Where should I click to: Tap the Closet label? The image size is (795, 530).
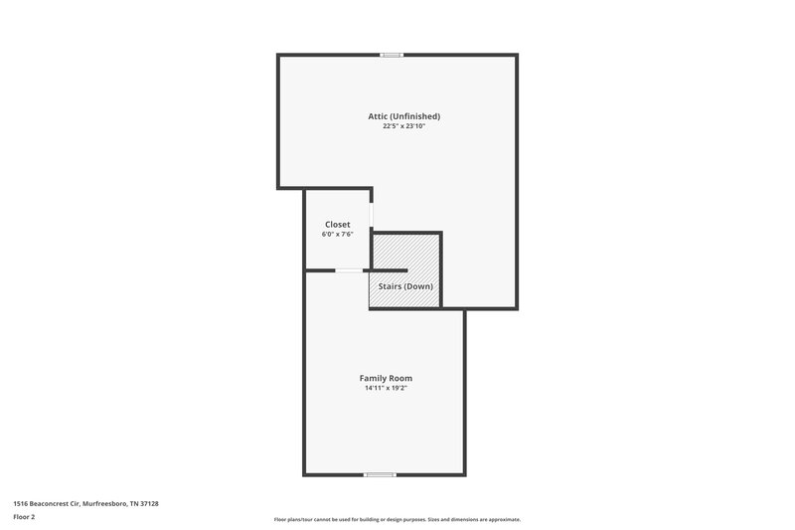click(337, 225)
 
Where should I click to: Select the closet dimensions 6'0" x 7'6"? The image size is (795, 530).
click(337, 235)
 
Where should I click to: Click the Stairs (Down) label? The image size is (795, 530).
click(405, 286)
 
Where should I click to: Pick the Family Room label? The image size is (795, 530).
click(386, 378)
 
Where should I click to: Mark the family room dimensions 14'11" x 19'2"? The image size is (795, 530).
click(386, 388)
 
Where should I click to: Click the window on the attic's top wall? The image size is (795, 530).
click(393, 55)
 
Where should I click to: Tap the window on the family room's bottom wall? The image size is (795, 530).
click(381, 474)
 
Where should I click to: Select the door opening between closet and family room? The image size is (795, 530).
click(349, 270)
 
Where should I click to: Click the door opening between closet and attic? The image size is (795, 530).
click(372, 215)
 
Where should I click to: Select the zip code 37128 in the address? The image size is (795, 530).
click(148, 504)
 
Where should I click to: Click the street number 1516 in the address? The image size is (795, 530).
click(20, 504)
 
